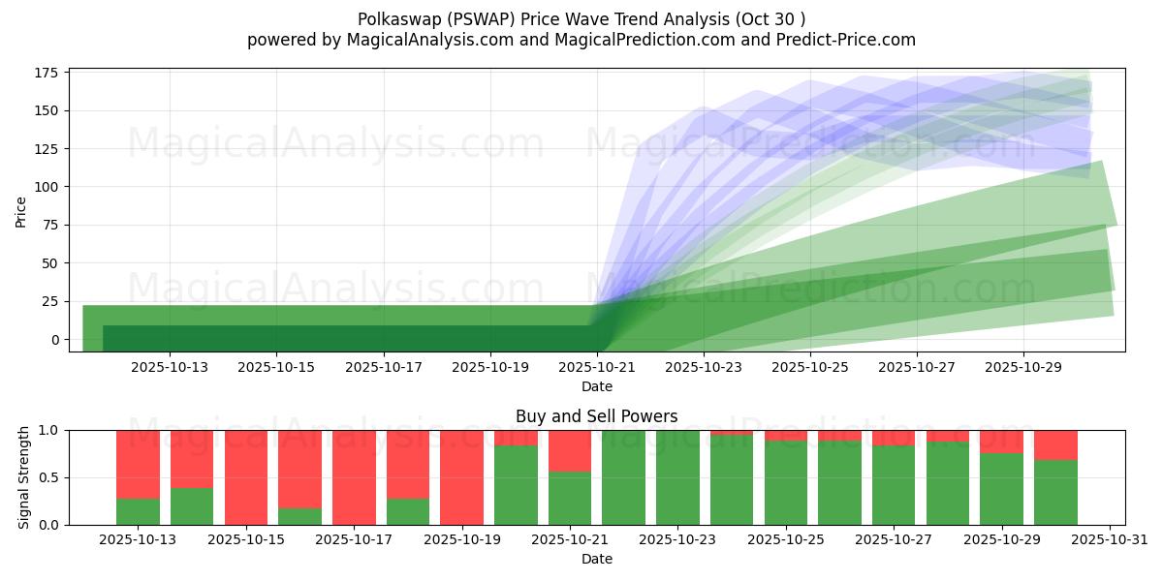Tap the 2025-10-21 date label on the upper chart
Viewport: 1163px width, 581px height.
(x=597, y=367)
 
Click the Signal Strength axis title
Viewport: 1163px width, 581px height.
(x=25, y=477)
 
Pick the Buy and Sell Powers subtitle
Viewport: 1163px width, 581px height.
(x=596, y=417)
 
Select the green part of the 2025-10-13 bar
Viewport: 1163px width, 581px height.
(x=138, y=511)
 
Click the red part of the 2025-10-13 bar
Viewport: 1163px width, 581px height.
(x=138, y=463)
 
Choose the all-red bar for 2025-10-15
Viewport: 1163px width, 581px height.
(x=246, y=477)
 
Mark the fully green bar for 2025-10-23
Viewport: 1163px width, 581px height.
(x=677, y=477)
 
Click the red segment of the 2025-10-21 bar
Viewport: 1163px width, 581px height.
(x=570, y=450)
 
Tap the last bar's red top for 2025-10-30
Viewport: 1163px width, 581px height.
(x=1055, y=444)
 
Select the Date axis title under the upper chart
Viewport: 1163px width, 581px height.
(x=596, y=386)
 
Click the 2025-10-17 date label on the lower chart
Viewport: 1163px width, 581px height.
(x=354, y=539)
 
